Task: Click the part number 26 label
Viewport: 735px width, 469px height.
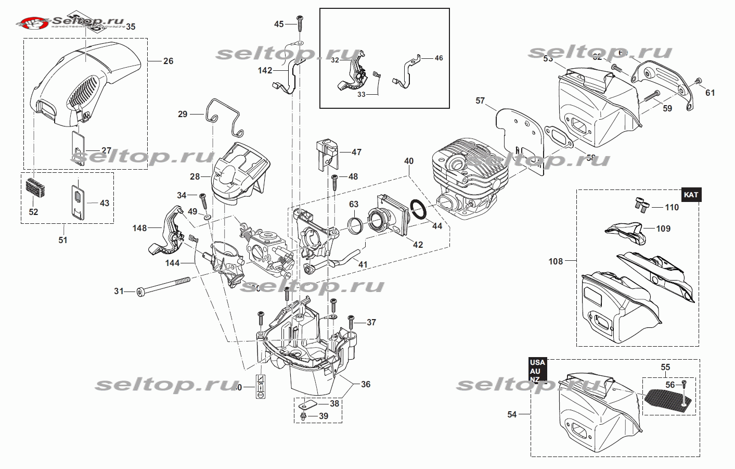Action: coord(168,61)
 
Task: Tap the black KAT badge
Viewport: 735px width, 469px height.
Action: coord(691,195)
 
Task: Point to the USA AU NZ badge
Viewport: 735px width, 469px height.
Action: coord(537,370)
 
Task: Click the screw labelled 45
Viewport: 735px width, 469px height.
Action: coord(300,21)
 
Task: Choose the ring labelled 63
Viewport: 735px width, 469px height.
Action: coord(355,225)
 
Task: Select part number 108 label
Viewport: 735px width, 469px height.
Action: coord(556,261)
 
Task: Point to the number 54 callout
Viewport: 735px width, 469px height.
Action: coord(512,414)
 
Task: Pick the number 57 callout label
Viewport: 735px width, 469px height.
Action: coord(480,100)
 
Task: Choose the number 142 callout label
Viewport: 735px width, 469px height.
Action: coord(265,70)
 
